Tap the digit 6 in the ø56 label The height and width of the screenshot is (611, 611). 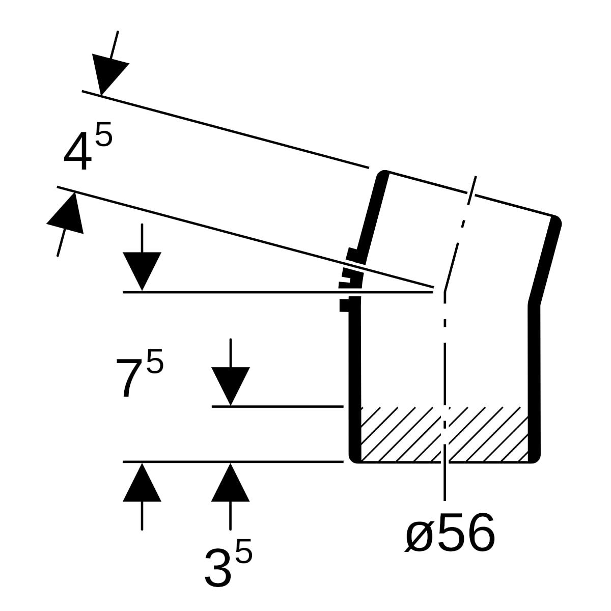(x=481, y=533)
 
